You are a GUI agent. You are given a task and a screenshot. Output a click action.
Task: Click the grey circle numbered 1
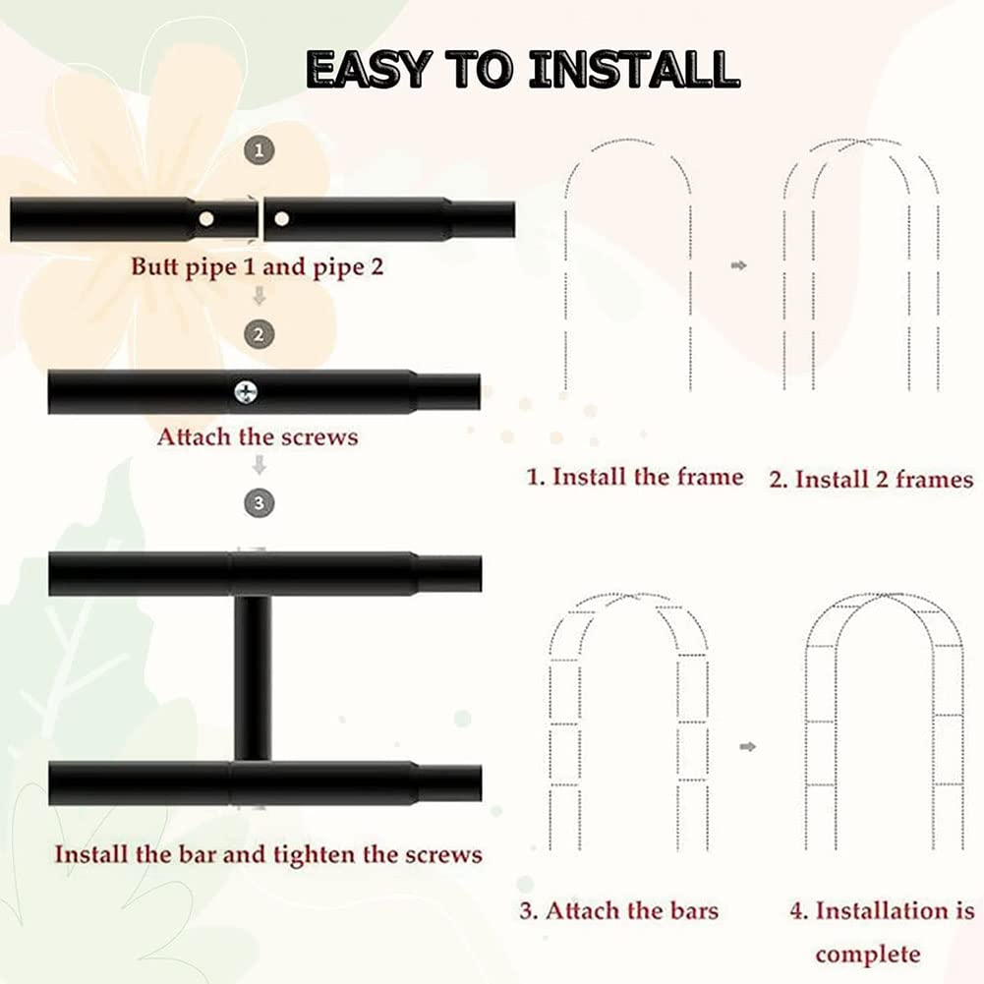[x=260, y=150]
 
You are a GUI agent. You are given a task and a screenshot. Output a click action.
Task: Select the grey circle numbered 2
[x=260, y=334]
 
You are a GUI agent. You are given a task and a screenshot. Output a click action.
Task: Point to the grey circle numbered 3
[x=260, y=503]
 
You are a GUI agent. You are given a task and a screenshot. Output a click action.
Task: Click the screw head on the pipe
[x=246, y=392]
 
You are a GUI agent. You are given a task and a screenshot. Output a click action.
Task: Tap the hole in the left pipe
[x=205, y=219]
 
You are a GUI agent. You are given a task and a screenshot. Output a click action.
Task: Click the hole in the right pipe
[x=282, y=219]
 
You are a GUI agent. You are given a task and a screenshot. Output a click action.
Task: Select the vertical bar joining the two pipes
[x=253, y=678]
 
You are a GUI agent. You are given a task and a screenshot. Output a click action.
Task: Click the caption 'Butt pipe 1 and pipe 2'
[x=257, y=267]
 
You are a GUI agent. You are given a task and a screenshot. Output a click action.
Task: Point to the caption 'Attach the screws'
[x=258, y=436]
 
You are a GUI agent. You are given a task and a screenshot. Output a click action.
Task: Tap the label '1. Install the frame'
[x=635, y=477]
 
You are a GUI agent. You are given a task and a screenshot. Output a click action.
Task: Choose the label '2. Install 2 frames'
[x=872, y=480]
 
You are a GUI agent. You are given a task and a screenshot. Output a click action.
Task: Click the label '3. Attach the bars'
[x=619, y=910]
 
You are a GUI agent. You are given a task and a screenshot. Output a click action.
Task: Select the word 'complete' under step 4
[x=868, y=955]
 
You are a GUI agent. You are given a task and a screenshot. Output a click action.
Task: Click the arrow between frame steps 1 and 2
[x=739, y=265]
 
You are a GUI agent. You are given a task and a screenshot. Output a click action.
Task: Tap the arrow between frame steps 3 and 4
[x=747, y=747]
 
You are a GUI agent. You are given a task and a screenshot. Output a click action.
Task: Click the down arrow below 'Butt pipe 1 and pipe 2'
[x=260, y=296]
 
